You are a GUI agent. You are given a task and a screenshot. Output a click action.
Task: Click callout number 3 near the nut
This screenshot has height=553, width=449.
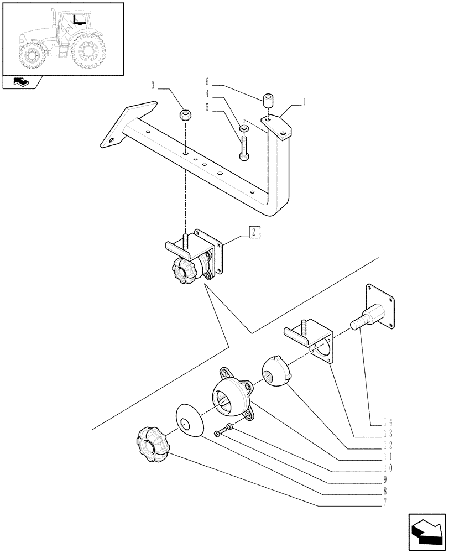[152, 85]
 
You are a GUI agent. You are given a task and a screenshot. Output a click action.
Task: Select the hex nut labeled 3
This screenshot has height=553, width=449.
[186, 116]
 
